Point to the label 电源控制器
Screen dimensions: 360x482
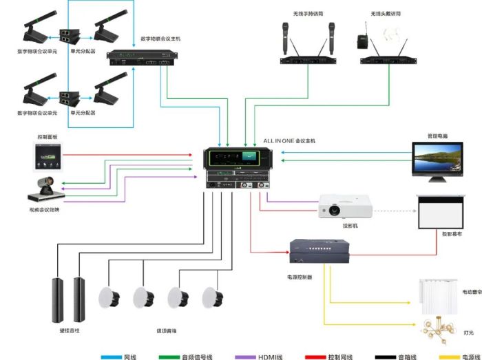[x=300, y=277]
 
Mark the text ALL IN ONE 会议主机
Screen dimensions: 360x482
[x=289, y=140]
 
